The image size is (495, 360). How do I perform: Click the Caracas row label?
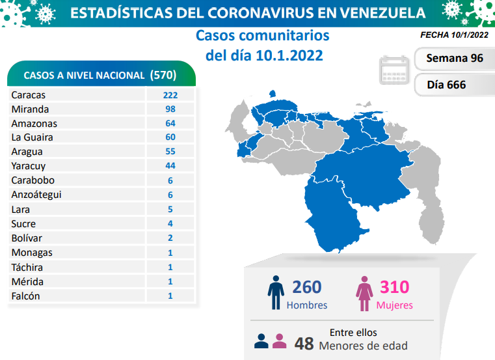27,95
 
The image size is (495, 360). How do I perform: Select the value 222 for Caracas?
170,95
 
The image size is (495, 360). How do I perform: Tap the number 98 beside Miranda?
170,109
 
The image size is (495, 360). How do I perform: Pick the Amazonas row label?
34,124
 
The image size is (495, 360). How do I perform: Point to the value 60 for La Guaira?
170,138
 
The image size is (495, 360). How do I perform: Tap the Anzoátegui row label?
37,195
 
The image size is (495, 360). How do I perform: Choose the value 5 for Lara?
170,210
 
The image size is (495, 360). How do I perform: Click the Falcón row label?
26,296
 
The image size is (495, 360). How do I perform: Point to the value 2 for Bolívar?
170,238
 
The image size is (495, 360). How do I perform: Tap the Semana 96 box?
454,59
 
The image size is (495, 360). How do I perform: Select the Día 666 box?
446,85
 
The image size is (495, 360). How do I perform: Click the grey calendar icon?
394,70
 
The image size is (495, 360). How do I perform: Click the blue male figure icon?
276,293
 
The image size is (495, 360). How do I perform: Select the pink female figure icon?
362,293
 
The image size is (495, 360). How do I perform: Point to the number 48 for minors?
303,344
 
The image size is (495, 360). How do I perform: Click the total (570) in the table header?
163,75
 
